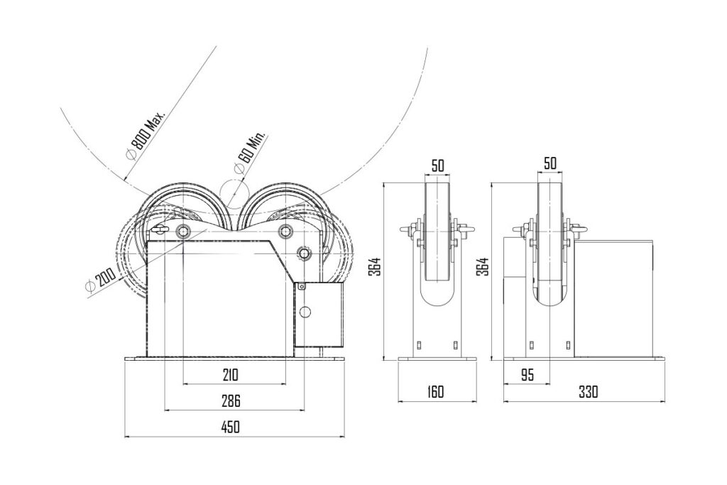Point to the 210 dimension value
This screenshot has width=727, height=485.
[x=229, y=374]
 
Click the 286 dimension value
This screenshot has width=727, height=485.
[x=229, y=400]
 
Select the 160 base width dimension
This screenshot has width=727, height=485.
[x=436, y=392]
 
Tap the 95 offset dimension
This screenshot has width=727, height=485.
[x=526, y=374]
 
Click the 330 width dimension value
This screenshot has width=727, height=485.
[x=589, y=392]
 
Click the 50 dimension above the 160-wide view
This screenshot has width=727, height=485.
[x=438, y=164]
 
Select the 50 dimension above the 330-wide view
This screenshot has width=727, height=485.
[x=550, y=163]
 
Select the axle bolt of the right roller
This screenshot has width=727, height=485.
[x=286, y=230]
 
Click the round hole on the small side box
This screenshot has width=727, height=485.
[x=306, y=312]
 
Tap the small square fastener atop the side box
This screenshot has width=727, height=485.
[x=301, y=286]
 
